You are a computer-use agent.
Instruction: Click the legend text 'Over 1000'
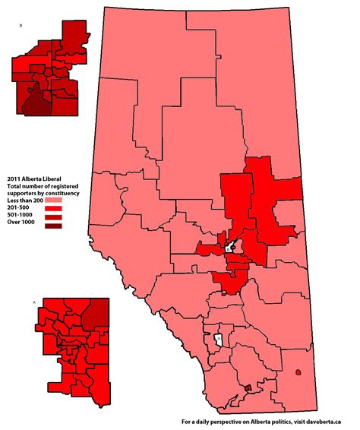click(x=24, y=226)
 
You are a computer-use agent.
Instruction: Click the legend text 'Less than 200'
click(x=27, y=199)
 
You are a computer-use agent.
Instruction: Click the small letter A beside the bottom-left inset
click(x=34, y=302)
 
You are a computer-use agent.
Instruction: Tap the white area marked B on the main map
click(x=231, y=247)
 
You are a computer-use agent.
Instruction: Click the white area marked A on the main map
click(x=218, y=338)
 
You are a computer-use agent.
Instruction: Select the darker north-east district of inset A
click(x=95, y=311)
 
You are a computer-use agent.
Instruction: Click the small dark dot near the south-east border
click(x=299, y=372)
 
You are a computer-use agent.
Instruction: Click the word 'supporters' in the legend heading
click(x=24, y=191)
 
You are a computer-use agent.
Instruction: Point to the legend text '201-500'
click(x=21, y=207)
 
